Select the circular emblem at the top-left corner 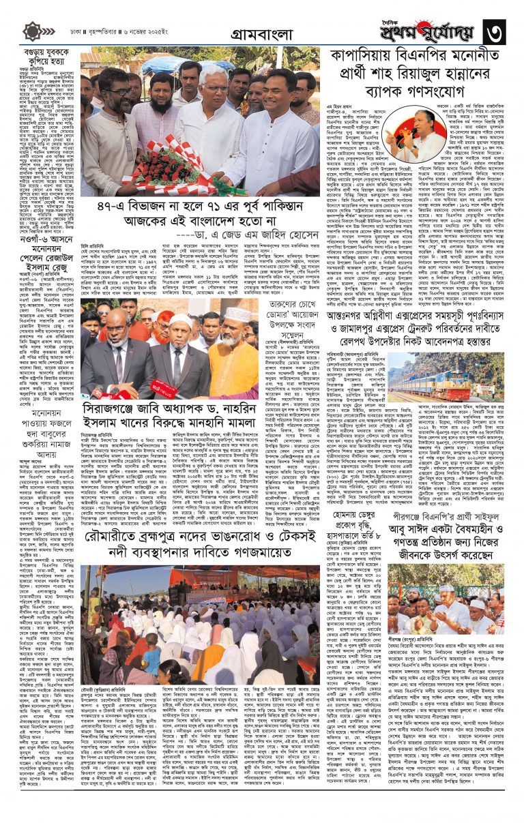32,31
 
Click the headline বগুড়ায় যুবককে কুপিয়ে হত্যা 41,59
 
